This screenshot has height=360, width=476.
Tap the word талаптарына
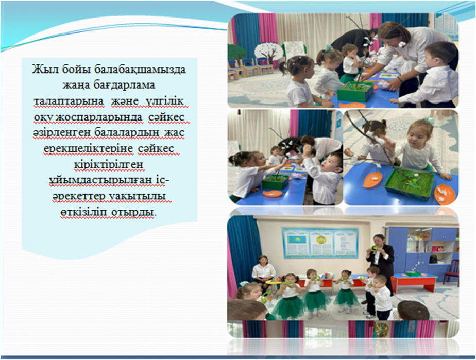(69, 101)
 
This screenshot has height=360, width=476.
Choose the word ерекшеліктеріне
(88, 148)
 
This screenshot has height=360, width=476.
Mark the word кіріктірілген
(109, 164)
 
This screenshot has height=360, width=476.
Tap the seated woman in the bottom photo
(263, 271)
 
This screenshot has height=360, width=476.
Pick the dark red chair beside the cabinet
(451, 271)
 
